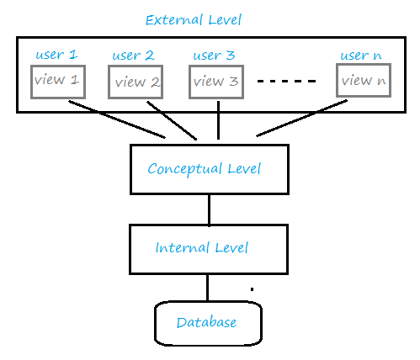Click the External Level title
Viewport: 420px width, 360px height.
click(x=194, y=20)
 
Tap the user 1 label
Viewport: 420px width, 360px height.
click(x=56, y=54)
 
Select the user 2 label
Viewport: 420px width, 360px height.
click(x=133, y=56)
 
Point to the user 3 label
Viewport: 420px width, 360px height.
click(x=214, y=56)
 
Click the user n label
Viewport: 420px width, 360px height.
click(x=361, y=56)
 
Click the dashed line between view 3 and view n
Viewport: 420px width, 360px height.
click(x=287, y=82)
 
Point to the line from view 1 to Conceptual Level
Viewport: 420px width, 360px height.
click(x=117, y=119)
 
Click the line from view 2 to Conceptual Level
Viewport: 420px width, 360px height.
click(x=172, y=120)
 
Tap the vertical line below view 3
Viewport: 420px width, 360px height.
click(x=218, y=120)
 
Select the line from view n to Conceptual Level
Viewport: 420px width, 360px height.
click(x=302, y=118)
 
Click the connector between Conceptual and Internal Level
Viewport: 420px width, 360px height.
click(x=210, y=209)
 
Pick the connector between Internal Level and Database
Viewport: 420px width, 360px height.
click(x=207, y=288)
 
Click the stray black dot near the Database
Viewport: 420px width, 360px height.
click(x=252, y=289)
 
